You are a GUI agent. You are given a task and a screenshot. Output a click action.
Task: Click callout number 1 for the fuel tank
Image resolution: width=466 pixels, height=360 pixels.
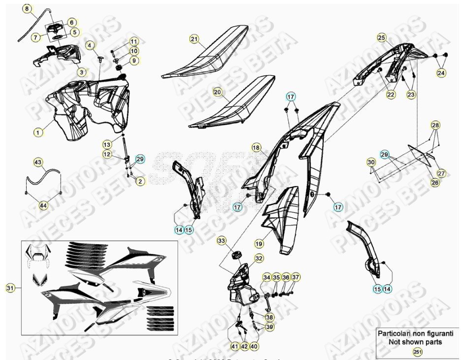point(37,132)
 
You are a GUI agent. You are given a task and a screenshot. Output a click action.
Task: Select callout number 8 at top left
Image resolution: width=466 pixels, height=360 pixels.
point(27,8)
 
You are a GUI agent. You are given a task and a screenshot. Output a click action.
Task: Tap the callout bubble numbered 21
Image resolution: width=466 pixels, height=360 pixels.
point(194,39)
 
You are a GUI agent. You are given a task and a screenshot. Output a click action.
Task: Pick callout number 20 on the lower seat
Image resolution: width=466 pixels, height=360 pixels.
point(217,92)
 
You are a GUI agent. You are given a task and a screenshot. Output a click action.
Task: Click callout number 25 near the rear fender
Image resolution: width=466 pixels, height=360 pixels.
point(381,37)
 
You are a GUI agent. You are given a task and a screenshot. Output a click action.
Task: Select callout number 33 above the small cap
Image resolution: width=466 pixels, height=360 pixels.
point(222,241)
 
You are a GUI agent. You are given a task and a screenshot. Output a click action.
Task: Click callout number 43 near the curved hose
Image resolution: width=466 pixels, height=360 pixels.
point(38,162)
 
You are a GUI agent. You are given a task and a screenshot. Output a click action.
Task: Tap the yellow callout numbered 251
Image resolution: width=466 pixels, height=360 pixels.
point(418,352)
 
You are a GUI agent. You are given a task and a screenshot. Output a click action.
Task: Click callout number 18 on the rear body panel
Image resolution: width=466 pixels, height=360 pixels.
point(255,147)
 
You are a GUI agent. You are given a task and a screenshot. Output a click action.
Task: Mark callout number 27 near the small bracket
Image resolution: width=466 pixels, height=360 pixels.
point(441,173)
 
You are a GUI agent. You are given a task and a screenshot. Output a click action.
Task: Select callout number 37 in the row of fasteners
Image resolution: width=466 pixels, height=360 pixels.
point(295,278)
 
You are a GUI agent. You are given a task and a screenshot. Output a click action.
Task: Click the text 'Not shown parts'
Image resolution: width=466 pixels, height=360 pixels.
point(415,342)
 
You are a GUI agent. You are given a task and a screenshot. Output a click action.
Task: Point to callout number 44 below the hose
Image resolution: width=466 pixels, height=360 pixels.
point(44,205)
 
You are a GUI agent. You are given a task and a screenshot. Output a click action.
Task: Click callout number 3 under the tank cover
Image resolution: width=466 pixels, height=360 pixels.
point(82,72)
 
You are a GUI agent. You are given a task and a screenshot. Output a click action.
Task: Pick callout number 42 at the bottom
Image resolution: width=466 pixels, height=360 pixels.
point(245,347)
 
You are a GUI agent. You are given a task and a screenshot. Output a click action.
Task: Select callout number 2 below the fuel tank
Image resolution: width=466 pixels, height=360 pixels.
point(140,182)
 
